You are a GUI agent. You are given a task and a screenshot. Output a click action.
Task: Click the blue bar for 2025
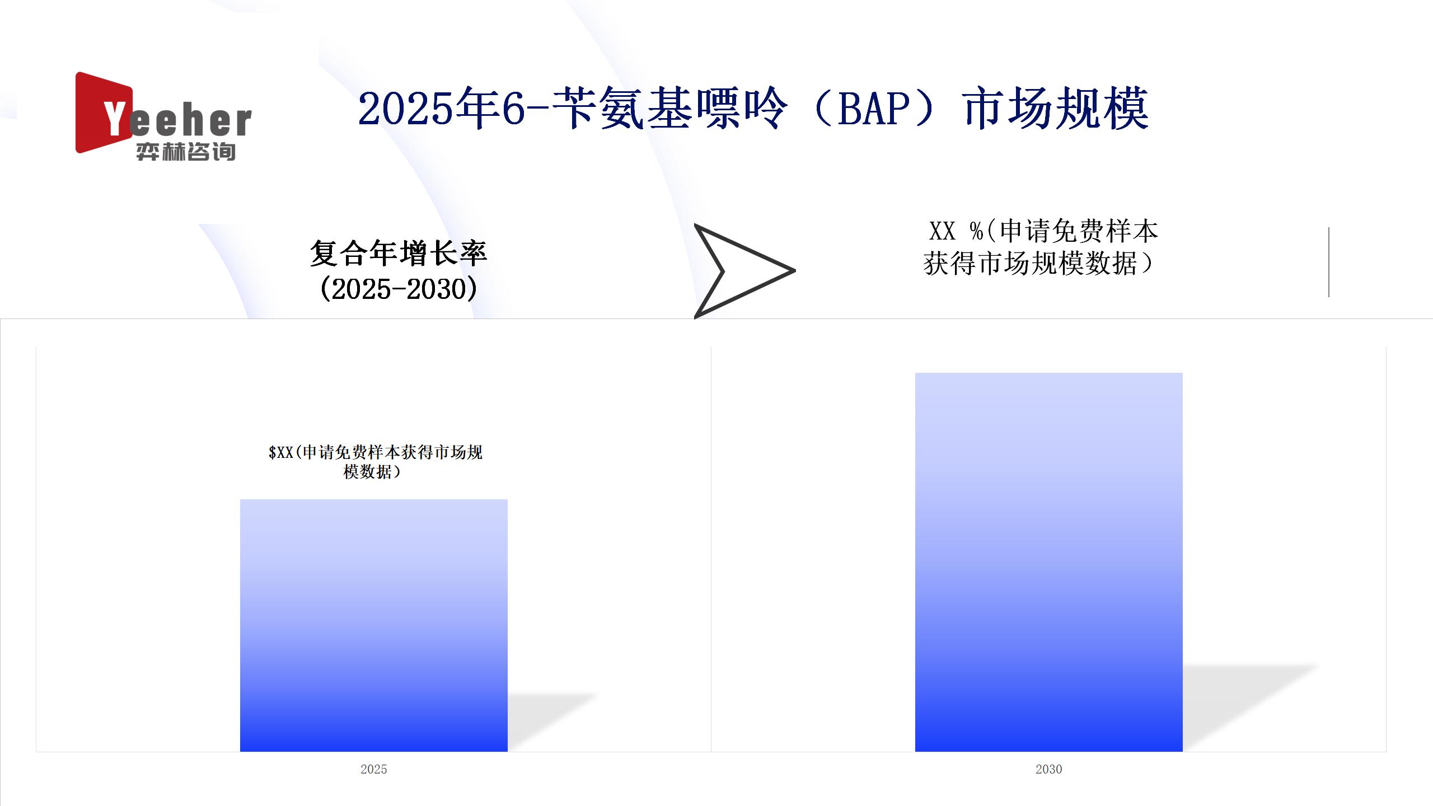click(x=374, y=625)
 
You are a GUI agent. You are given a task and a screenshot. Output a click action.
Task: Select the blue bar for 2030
click(x=1049, y=562)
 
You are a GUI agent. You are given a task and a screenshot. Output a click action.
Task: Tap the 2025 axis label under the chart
click(x=374, y=769)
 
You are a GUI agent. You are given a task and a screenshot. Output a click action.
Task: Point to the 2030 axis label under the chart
click(x=1049, y=769)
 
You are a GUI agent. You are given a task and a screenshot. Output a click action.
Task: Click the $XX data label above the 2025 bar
click(x=375, y=462)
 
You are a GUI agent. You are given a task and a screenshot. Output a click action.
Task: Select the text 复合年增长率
click(x=399, y=254)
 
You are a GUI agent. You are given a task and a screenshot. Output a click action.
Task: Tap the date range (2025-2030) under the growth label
click(x=399, y=289)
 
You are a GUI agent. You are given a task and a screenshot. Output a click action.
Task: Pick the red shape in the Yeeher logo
click(x=101, y=112)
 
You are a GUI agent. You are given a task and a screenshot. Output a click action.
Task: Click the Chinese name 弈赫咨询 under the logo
click(x=186, y=152)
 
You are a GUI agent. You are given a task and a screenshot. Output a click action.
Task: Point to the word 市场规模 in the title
click(x=1056, y=109)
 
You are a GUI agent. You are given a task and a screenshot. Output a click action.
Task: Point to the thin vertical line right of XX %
click(x=1328, y=262)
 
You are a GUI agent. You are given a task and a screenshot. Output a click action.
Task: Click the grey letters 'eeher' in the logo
click(x=190, y=121)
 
